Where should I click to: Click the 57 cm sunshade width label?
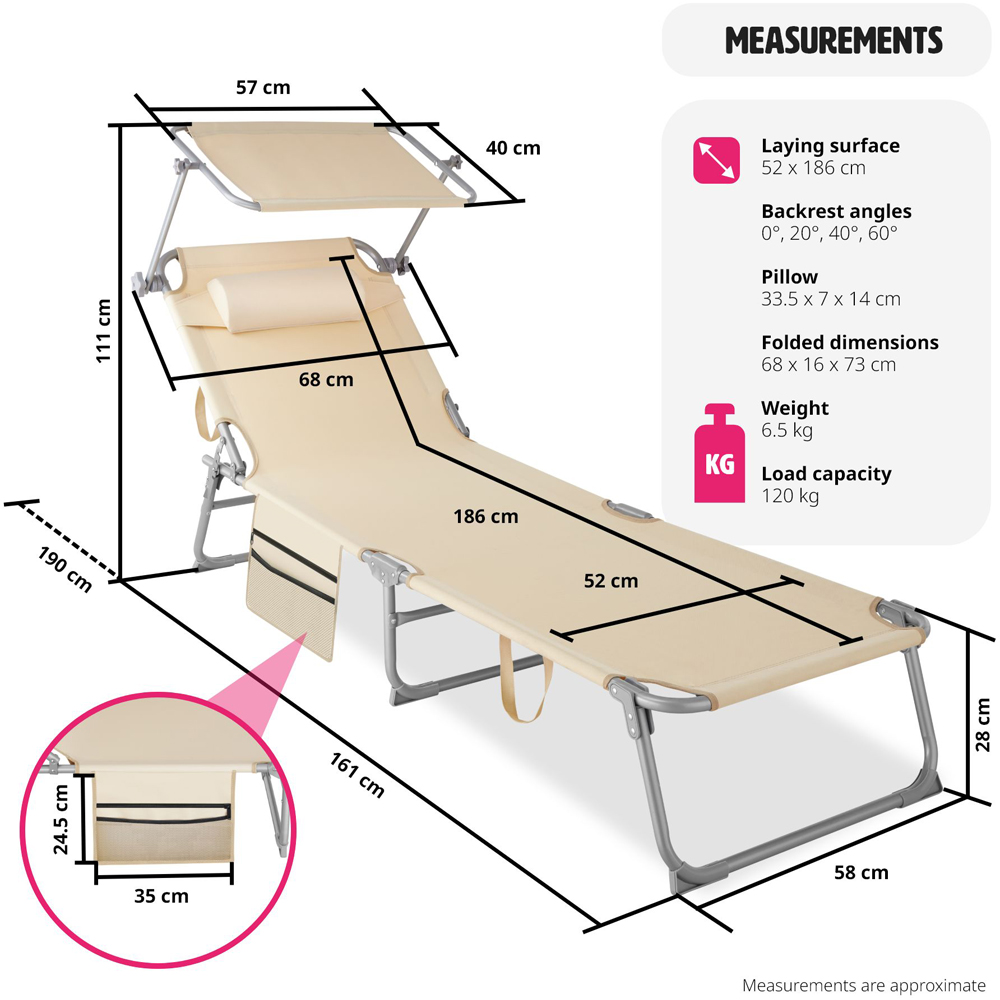tap(263, 88)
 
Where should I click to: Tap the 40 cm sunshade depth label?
tap(512, 148)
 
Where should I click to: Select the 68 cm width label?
tap(326, 380)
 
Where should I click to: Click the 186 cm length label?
tap(486, 517)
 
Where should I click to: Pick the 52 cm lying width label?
tap(611, 580)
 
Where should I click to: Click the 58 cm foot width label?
tap(861, 873)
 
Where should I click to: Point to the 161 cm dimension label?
tap(357, 773)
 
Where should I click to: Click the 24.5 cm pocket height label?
tap(62, 819)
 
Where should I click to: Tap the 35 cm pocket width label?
tap(161, 896)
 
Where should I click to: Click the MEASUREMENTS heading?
tap(833, 41)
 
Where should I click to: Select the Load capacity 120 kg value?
tap(790, 496)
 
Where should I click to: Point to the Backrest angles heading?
tap(836, 211)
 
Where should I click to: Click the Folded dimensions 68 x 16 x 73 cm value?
tap(828, 365)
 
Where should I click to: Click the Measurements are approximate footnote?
tap(863, 985)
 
